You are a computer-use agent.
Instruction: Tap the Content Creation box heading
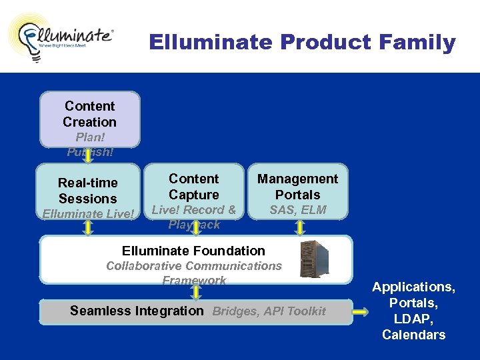[x=89, y=114]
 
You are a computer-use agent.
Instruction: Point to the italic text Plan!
[x=89, y=137]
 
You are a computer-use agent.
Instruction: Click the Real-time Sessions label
[x=87, y=191]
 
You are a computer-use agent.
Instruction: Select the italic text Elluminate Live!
[x=88, y=214]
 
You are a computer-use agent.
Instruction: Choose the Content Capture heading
[x=193, y=187]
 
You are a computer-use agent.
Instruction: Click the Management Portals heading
[x=297, y=187]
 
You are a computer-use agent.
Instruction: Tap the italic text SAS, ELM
[x=297, y=210]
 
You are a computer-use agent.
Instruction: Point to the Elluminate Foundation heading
[x=193, y=251]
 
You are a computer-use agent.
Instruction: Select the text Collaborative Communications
[x=194, y=266]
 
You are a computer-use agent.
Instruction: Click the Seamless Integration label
[x=137, y=311]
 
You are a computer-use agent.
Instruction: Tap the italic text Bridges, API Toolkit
[x=269, y=311]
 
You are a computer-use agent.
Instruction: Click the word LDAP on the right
[x=413, y=319]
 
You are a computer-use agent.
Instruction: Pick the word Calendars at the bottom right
[x=413, y=335]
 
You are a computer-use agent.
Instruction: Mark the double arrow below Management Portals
[x=299, y=228]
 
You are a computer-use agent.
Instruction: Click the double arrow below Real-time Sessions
[x=87, y=228]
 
